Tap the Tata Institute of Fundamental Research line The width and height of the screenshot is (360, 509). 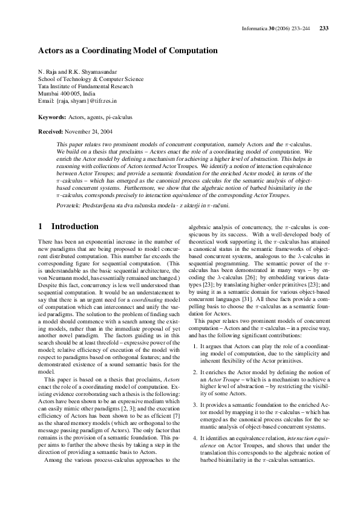84,86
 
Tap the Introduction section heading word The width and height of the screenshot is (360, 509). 83,227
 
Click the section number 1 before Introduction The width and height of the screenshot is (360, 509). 41,227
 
